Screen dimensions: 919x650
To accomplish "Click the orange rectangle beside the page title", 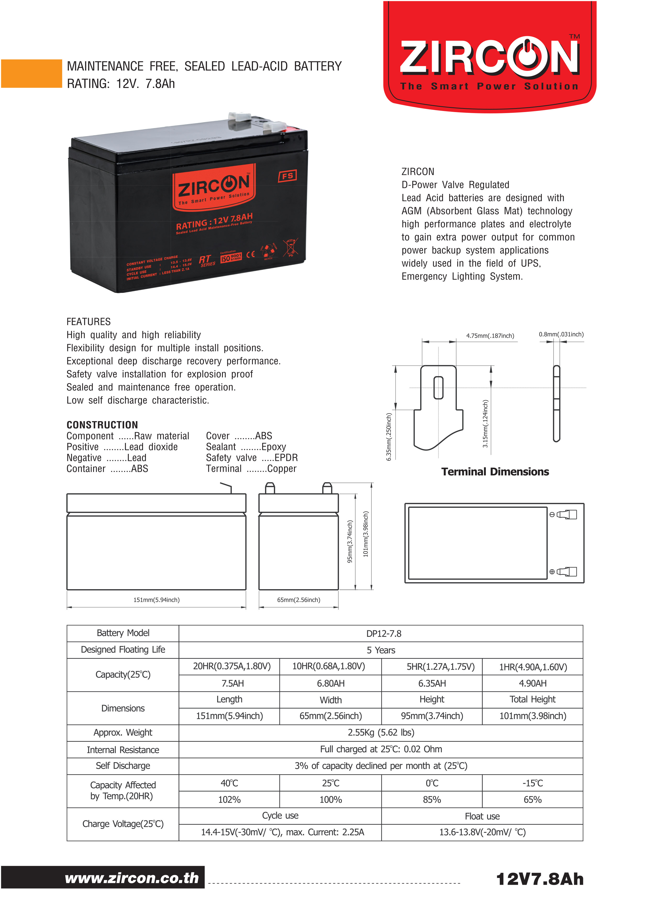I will [x=31, y=74].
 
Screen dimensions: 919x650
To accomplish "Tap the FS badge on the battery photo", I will [x=287, y=176].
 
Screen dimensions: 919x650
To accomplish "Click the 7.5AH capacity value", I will [x=232, y=683].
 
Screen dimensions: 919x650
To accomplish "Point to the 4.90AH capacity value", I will [x=532, y=683].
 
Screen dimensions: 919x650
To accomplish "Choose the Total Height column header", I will [x=532, y=699].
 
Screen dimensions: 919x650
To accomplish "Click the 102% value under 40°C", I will [x=229, y=800].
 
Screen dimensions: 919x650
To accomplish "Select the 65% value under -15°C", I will [x=532, y=800].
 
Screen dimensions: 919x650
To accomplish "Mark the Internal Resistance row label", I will [x=123, y=750].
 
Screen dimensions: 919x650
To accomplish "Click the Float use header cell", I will [x=482, y=816].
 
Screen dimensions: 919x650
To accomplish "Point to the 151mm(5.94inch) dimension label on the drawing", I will [x=157, y=600].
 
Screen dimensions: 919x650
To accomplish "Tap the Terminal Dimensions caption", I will [x=495, y=471].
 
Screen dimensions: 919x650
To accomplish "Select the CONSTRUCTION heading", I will [x=102, y=425].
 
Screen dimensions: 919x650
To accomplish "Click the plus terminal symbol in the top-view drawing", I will [x=552, y=572].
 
